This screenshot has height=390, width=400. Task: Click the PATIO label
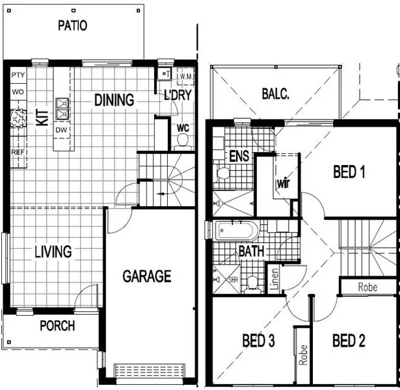point(72,25)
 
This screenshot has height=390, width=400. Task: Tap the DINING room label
point(114,100)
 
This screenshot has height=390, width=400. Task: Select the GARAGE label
point(146,276)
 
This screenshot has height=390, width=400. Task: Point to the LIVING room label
point(53,252)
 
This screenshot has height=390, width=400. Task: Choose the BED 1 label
point(349,172)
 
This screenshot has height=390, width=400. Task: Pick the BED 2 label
point(349,341)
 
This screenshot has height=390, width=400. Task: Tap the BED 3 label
point(258,341)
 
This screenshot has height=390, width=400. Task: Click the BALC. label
point(275,93)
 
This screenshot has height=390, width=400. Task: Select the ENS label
point(238,157)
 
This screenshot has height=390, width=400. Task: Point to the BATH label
point(251,251)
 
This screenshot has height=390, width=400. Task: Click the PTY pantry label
point(18,75)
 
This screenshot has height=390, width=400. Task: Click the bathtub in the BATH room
point(237,229)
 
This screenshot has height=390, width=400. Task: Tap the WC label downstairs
point(183,127)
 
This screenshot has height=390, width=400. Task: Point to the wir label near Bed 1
point(283,183)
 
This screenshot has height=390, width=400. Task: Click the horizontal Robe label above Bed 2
point(367,286)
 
